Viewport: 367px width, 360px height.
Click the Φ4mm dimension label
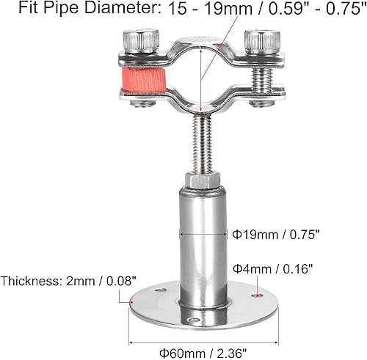[250, 268]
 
